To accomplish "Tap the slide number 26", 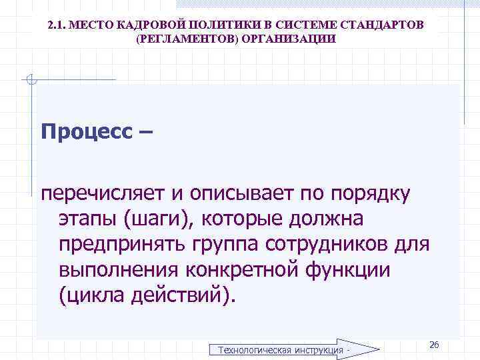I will (434, 344).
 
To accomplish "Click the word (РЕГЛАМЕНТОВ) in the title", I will (177, 39).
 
